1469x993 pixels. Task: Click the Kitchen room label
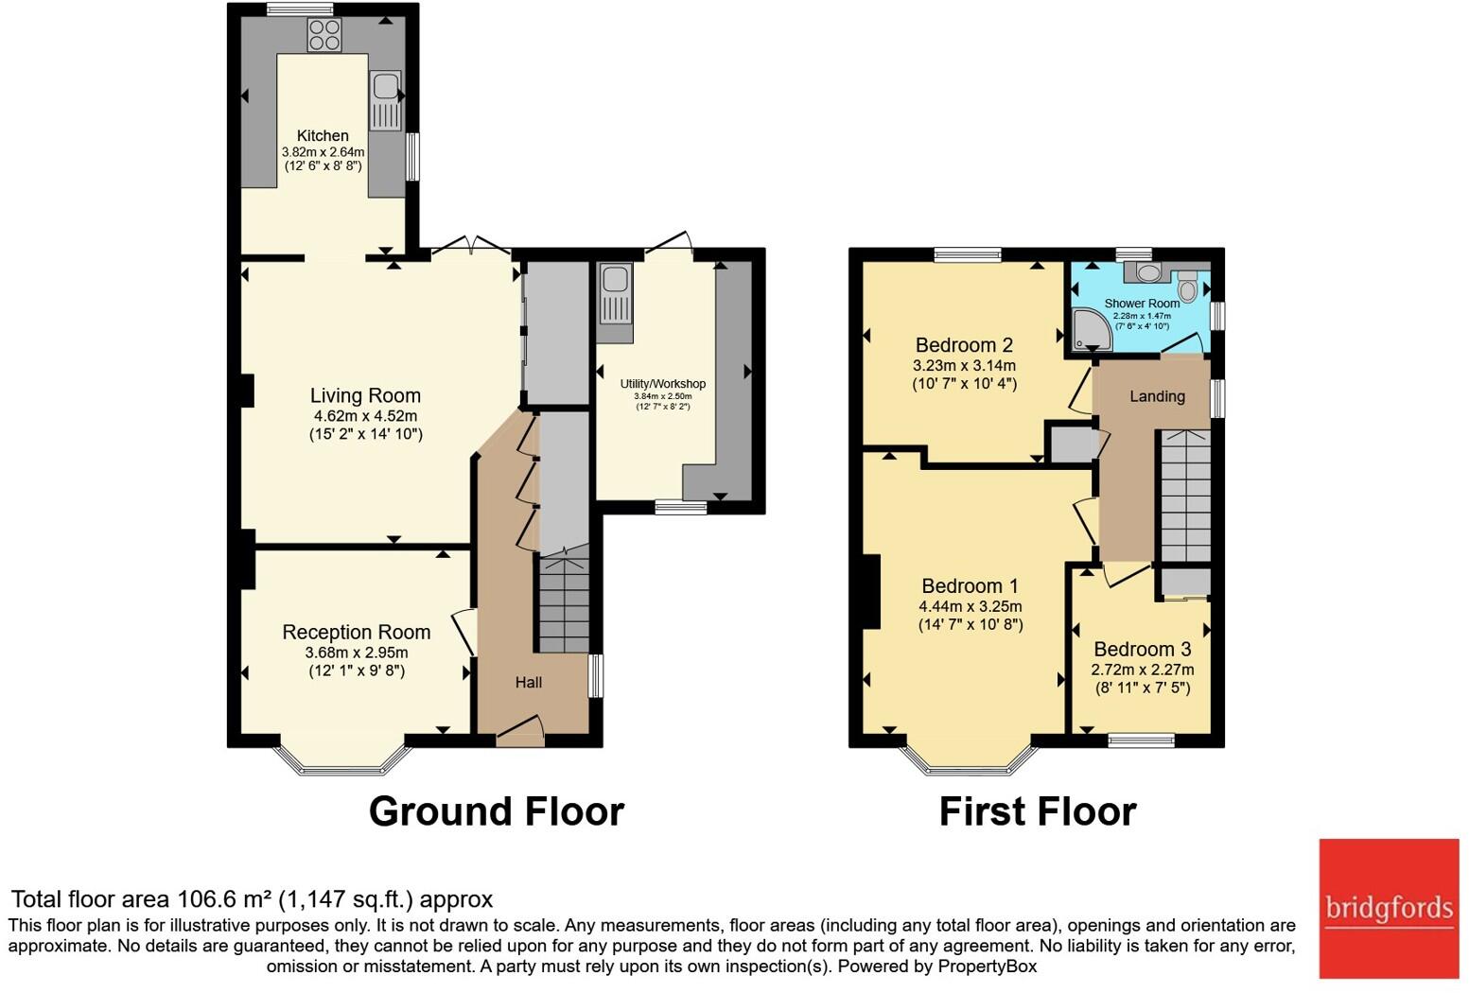(x=323, y=135)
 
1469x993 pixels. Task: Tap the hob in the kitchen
(x=324, y=36)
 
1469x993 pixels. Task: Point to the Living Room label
(x=365, y=395)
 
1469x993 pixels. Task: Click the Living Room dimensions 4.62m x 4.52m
(x=365, y=416)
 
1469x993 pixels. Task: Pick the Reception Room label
(x=356, y=632)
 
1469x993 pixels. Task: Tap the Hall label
(x=528, y=682)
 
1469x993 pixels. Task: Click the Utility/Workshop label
(x=662, y=383)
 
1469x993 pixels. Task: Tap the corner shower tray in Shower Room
(x=1090, y=328)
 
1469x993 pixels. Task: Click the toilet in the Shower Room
(x=1187, y=286)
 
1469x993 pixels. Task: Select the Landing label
(x=1157, y=396)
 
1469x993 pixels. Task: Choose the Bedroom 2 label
(x=964, y=345)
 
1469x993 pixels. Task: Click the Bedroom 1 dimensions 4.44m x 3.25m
(x=970, y=606)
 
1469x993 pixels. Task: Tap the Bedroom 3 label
(x=1142, y=649)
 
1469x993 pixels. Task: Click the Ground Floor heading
(x=496, y=811)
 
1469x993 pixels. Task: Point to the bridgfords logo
(x=1389, y=908)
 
